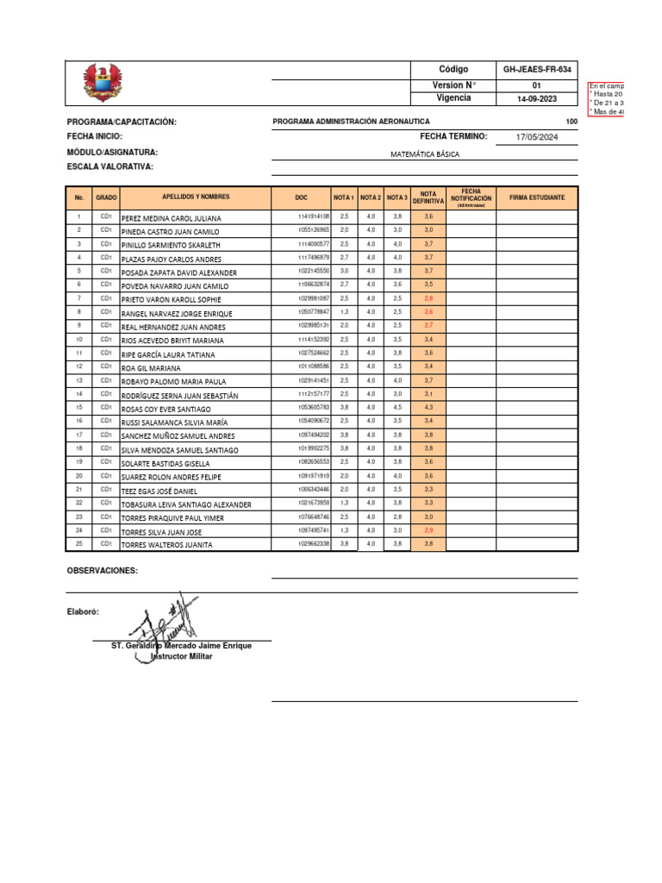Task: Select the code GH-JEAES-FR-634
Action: click(536, 69)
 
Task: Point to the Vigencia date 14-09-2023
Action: click(536, 98)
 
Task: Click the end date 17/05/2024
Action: click(537, 137)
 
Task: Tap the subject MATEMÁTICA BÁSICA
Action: click(425, 153)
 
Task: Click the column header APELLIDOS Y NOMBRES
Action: click(196, 197)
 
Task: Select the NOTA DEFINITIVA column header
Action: click(428, 197)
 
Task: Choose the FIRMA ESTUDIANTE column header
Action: click(537, 197)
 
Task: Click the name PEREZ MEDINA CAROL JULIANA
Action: click(172, 218)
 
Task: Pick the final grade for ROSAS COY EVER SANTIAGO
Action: click(428, 407)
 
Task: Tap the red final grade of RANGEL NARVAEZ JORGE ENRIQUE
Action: click(428, 311)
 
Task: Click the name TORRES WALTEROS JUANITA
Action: click(166, 545)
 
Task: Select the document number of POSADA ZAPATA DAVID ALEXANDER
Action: click(313, 271)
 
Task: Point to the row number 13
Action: click(78, 380)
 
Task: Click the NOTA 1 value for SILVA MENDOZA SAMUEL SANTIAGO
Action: click(344, 448)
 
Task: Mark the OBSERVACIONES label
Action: click(103, 571)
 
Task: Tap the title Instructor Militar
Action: click(181, 656)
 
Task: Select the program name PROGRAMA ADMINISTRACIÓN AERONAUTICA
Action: click(351, 122)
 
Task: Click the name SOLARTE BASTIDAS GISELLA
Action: click(165, 463)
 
